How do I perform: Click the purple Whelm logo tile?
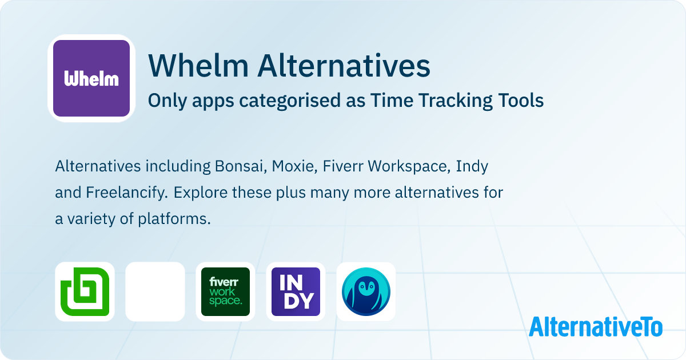pyautogui.click(x=91, y=78)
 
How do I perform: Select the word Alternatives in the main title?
pyautogui.click(x=343, y=66)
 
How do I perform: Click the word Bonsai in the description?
pyautogui.click(x=236, y=166)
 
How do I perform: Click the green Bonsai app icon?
pyautogui.click(x=85, y=291)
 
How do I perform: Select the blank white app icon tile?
pyautogui.click(x=155, y=291)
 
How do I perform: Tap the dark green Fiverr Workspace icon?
pyautogui.click(x=225, y=291)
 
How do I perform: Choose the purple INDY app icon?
pyautogui.click(x=296, y=291)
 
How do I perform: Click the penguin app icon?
pyautogui.click(x=366, y=291)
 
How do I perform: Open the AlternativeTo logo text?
pyautogui.click(x=595, y=326)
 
